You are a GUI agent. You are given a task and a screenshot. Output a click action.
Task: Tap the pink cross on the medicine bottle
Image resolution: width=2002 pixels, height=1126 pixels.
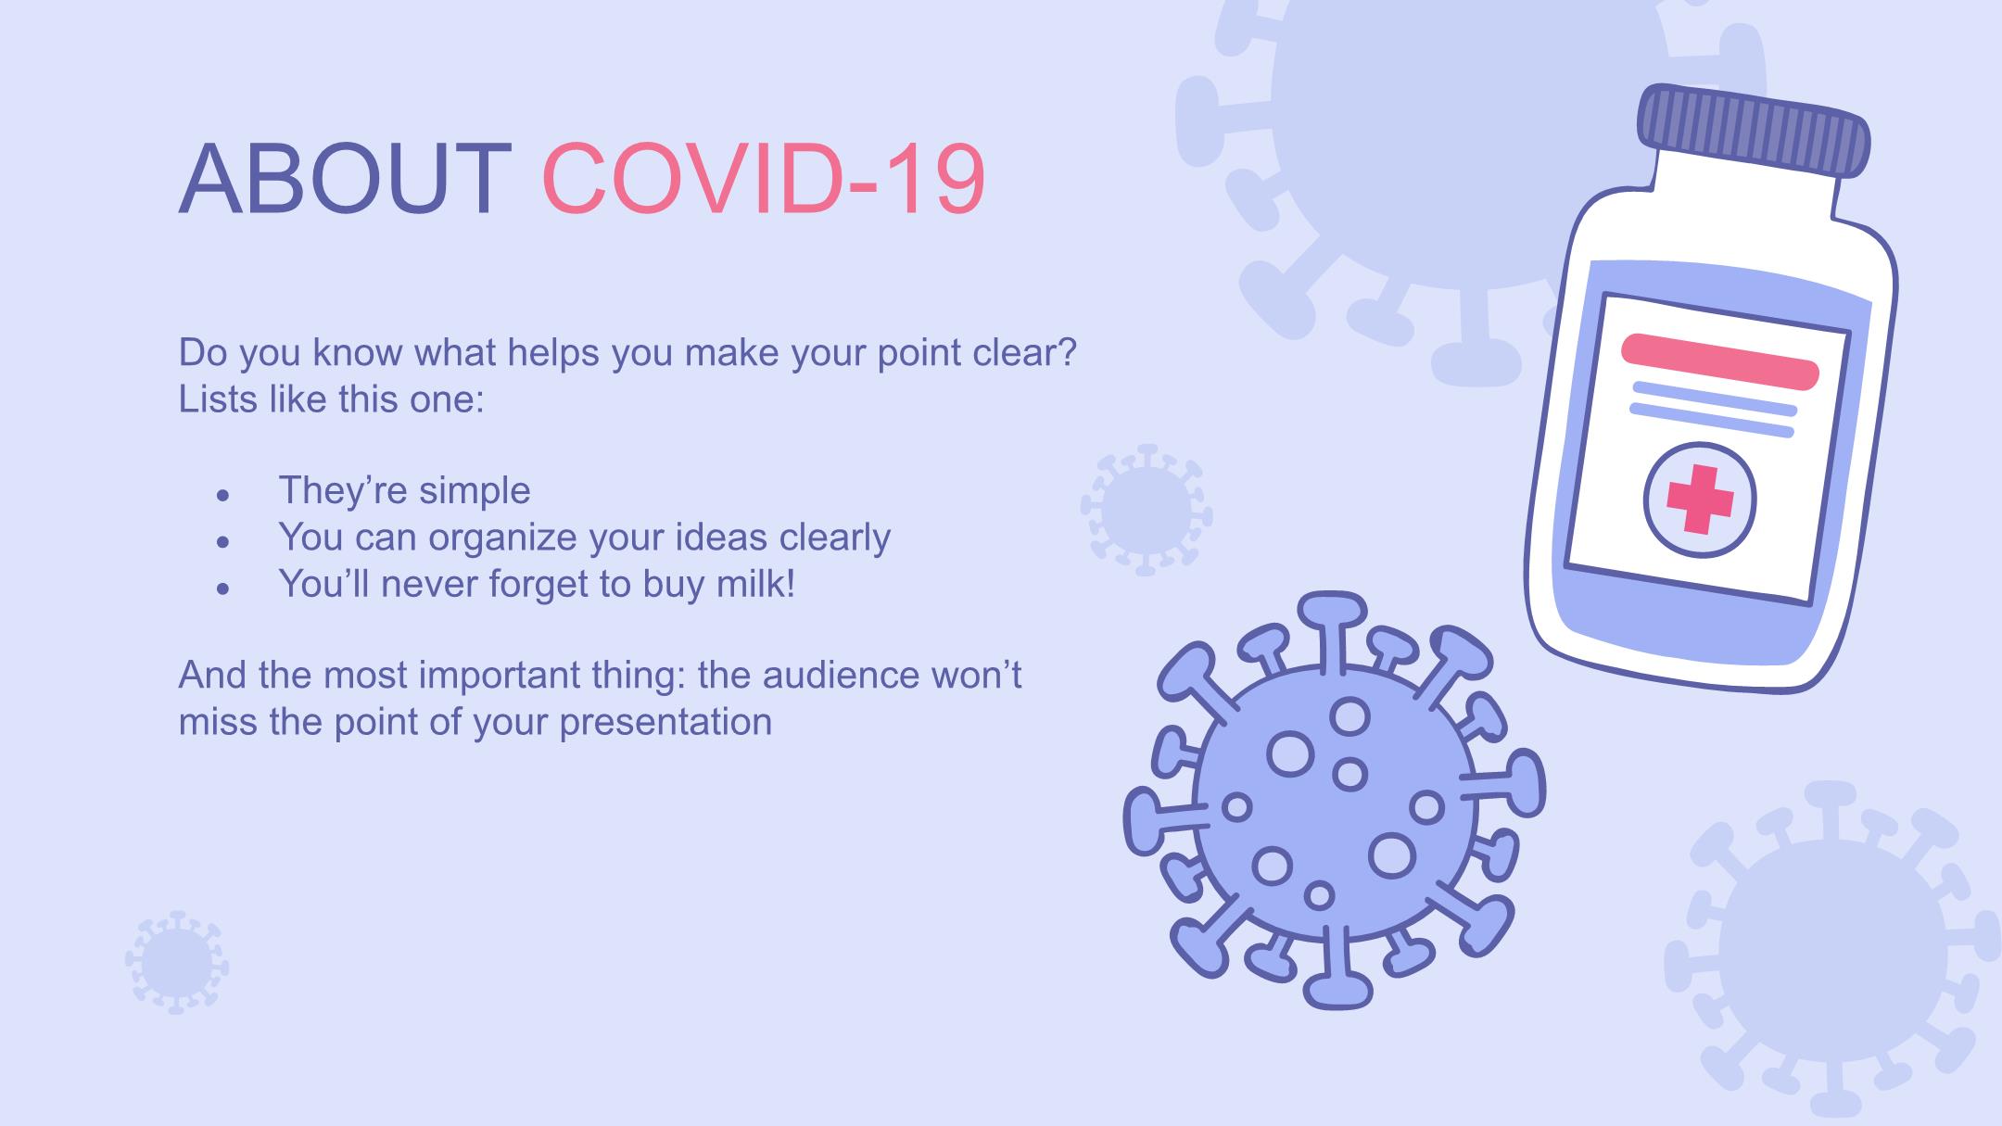1700,500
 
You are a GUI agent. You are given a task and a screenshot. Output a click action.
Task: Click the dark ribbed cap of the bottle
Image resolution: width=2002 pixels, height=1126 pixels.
1755,131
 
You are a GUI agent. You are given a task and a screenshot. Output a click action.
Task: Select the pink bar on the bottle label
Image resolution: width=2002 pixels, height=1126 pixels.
1719,361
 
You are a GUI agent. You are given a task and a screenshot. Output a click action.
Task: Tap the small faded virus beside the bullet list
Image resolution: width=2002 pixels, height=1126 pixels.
1147,510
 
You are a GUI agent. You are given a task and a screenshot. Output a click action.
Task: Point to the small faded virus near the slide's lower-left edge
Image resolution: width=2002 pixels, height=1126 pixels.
177,962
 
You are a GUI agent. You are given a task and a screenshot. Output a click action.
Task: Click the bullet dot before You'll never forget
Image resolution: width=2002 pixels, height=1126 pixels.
222,588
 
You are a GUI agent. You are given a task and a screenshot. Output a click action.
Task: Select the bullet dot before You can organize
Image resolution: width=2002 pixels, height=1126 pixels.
222,542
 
